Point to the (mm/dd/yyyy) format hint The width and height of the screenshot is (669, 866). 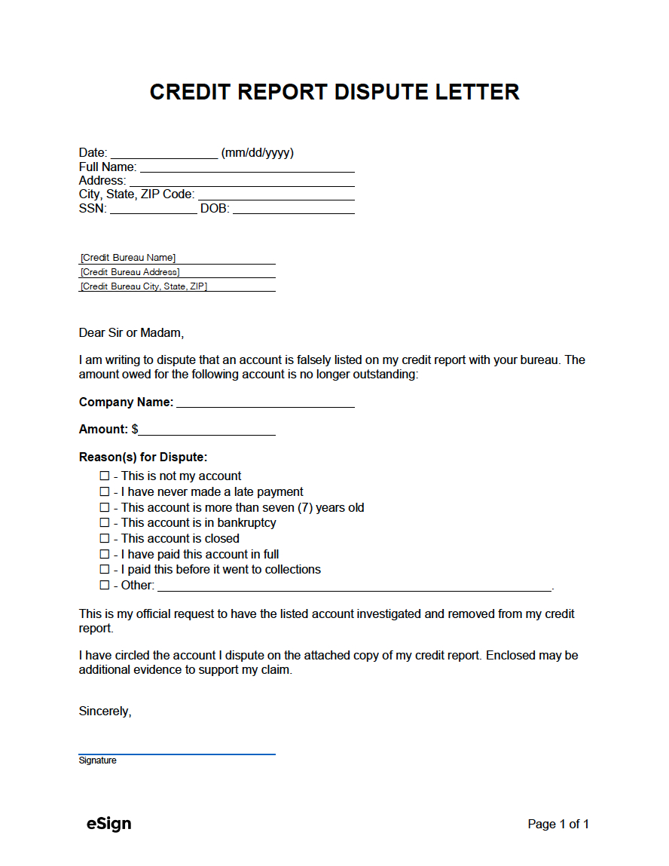click(x=257, y=153)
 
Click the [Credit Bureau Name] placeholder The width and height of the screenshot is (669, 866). click(x=128, y=258)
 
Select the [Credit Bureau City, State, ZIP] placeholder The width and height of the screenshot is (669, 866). click(x=144, y=286)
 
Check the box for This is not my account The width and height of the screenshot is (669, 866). click(x=105, y=476)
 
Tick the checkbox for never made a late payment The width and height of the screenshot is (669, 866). click(x=105, y=492)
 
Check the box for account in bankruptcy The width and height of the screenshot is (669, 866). click(x=105, y=523)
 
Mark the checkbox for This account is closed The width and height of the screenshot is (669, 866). click(x=105, y=539)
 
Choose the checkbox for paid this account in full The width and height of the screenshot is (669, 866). click(x=105, y=555)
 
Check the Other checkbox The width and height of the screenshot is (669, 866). click(x=105, y=586)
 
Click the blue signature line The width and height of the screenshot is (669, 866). click(x=177, y=752)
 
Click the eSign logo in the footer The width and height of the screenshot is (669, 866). click(x=108, y=824)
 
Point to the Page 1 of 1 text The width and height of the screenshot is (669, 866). click(x=558, y=825)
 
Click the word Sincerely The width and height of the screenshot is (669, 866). click(x=105, y=711)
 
